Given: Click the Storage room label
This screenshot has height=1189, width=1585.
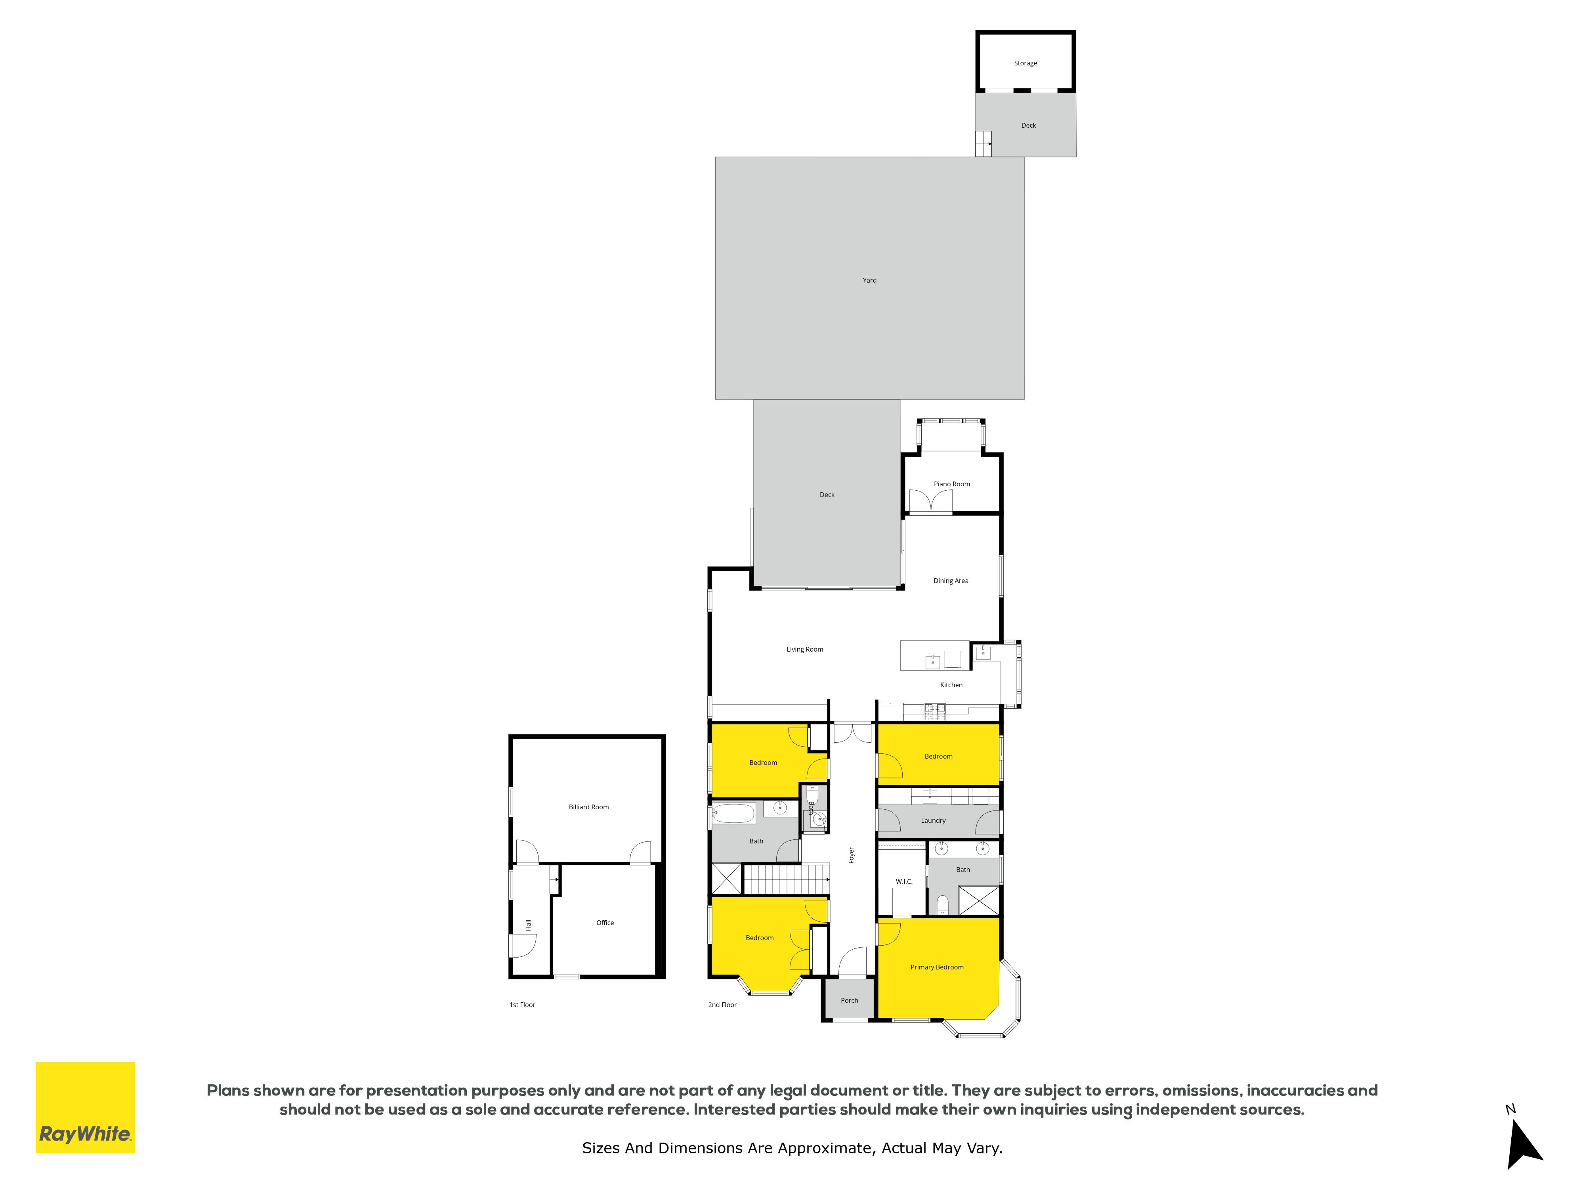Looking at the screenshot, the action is [x=1025, y=63].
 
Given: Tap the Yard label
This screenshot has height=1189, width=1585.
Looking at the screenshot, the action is [x=869, y=280].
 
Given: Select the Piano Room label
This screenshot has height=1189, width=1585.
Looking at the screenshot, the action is [x=951, y=484].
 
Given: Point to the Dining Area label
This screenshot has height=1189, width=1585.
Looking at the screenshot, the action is [x=951, y=581].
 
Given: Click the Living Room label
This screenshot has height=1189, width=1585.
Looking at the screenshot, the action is [x=805, y=649].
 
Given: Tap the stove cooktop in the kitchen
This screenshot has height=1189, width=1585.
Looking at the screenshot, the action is [x=934, y=710].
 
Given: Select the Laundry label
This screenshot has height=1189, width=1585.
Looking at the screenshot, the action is [x=933, y=821].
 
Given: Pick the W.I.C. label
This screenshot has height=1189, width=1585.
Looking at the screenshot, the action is [x=904, y=881].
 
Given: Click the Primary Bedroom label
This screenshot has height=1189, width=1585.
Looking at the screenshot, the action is [x=936, y=967].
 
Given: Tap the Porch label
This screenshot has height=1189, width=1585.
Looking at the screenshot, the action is [x=849, y=1000].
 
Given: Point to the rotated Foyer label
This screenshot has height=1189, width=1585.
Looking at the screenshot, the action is [x=851, y=855].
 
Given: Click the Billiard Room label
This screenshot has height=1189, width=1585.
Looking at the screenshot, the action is [x=588, y=807].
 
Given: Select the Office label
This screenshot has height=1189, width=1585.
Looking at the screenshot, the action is [x=605, y=922].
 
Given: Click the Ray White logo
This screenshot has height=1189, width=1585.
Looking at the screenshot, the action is [x=85, y=1107].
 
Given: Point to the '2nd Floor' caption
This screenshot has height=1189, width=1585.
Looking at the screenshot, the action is [x=722, y=1005].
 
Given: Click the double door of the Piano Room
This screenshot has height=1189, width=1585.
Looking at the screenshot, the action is [x=930, y=502].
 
